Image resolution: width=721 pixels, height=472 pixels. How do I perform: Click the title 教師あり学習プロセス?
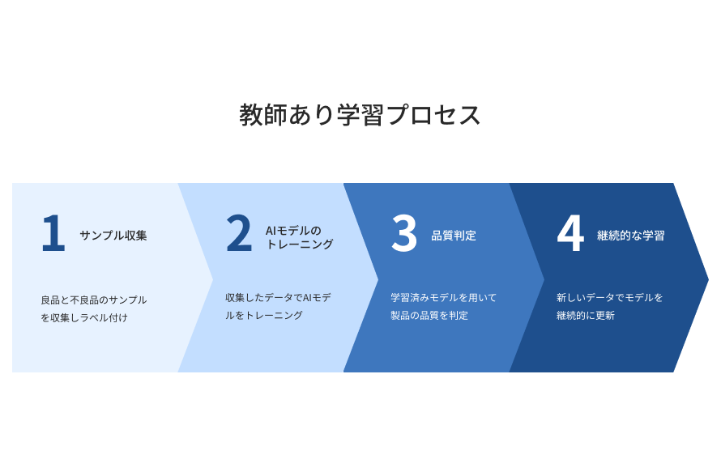point(360,114)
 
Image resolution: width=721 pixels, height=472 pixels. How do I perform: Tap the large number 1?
point(53,233)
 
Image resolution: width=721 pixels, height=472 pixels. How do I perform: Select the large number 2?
point(239,233)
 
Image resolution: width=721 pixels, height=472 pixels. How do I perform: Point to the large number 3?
point(404,233)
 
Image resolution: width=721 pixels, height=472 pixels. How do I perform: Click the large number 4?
point(570,233)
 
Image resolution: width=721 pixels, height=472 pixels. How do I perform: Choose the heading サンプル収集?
point(113,236)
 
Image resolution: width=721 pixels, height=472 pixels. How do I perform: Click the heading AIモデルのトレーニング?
point(300,237)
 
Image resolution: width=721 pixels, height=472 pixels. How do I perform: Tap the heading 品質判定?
point(454,236)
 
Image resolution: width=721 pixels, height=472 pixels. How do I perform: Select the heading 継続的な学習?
point(631,236)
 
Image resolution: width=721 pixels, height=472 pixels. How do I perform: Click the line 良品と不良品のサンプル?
point(94,300)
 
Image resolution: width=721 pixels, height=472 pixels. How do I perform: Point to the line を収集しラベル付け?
point(84,317)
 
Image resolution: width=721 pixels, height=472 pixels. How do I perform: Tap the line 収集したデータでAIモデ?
point(278,298)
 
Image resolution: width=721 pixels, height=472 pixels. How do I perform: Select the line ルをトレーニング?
point(264,315)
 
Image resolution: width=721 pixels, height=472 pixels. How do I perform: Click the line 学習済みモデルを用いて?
point(444,298)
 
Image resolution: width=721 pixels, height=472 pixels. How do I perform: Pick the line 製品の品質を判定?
point(429,315)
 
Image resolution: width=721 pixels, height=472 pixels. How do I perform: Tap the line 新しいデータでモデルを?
point(610,298)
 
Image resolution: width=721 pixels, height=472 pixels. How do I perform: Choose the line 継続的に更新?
point(586,315)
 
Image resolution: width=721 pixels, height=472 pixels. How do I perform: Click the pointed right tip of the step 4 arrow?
point(708,278)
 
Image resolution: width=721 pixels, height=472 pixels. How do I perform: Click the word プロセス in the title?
point(433,114)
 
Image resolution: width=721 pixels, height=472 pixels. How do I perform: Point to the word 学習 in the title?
point(360,114)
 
